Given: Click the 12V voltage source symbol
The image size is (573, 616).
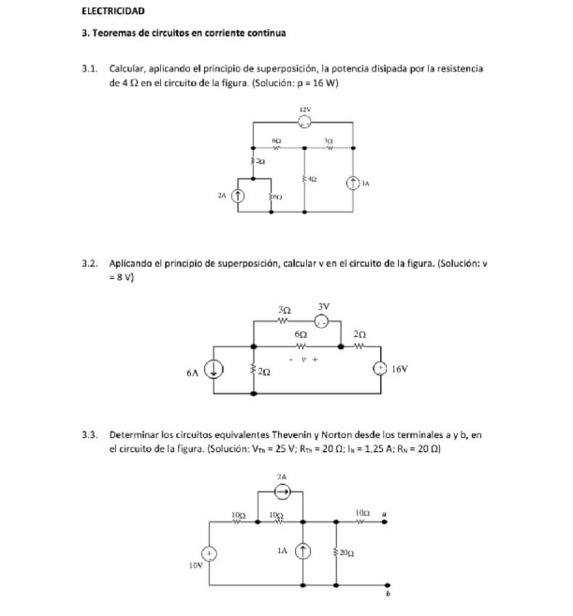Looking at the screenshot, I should pos(305,122).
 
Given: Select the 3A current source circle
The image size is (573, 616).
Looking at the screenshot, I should pos(353,183).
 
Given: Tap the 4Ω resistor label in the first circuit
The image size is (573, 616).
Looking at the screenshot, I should pos(311,178).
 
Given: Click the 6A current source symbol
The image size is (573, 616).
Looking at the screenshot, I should pos(214,370).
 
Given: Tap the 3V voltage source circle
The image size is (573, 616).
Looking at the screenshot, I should pos(322,321).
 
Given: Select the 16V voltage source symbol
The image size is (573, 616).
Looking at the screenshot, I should pos(380,369).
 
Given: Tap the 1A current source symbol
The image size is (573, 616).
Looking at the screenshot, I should pos(303,552).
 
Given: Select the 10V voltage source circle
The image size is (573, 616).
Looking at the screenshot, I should pos(209,554).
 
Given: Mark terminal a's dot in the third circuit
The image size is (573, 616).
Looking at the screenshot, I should pos(384,522).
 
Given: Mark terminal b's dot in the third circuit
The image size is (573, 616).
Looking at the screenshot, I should pos(388,584).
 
